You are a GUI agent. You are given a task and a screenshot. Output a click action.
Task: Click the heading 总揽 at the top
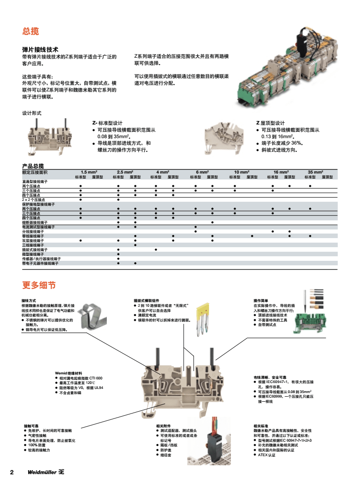(x=30, y=31)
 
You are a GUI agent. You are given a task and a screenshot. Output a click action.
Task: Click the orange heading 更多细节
(x=39, y=285)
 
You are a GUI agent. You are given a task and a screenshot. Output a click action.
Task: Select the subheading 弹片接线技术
(x=40, y=50)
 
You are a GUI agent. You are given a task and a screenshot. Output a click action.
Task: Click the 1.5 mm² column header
(x=89, y=172)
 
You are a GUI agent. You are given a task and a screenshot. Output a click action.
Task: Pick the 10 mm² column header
(x=241, y=172)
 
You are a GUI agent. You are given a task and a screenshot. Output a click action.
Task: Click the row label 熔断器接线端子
(x=35, y=223)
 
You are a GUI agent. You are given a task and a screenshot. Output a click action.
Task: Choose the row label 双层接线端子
(x=33, y=240)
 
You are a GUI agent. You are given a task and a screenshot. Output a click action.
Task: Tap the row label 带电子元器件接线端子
(x=40, y=263)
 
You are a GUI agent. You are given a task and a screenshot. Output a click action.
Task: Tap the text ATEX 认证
(x=267, y=454)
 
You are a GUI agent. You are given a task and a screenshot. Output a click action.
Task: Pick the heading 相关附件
(x=163, y=426)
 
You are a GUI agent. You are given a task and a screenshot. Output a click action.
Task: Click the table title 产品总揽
(x=33, y=166)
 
